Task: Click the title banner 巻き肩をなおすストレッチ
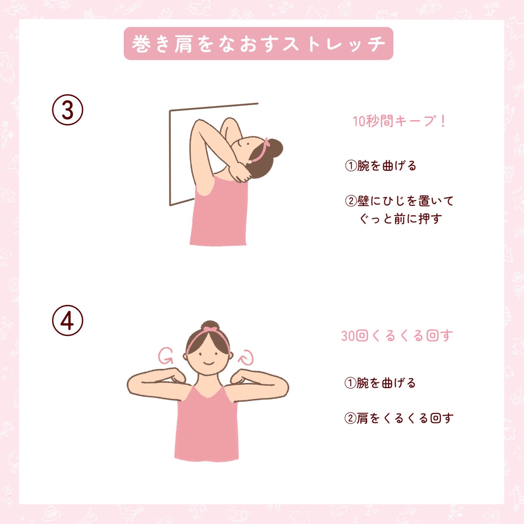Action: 258,43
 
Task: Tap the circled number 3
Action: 68,110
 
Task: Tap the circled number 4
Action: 68,321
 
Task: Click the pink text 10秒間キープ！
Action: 399,121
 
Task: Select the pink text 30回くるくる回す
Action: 397,336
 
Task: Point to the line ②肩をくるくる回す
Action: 399,418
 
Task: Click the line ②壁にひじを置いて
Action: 399,201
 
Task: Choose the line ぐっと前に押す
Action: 400,219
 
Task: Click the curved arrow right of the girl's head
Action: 246,357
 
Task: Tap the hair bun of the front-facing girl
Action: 210,326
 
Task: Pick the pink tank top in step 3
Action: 219,213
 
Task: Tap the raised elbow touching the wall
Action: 199,123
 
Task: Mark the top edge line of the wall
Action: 213,107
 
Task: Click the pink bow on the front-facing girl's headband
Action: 210,329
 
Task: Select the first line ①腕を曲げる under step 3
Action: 380,166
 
